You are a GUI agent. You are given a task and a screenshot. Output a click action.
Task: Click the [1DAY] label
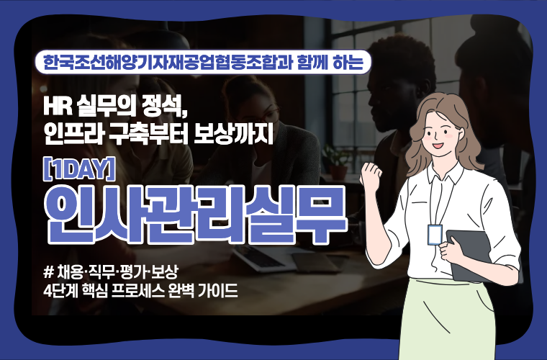[79, 169]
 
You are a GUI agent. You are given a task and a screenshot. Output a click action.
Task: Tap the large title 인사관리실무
[196, 215]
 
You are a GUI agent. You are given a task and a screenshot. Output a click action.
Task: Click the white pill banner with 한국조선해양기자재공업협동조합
[203, 62]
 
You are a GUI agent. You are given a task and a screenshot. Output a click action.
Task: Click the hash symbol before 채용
[48, 272]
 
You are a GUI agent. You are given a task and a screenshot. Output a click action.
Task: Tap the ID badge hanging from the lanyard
[435, 235]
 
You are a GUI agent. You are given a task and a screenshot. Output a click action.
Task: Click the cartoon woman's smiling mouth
[438, 145]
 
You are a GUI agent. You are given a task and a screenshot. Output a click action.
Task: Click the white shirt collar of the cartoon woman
[443, 174]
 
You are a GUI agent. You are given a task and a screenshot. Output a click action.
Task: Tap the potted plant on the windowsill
[336, 161]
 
